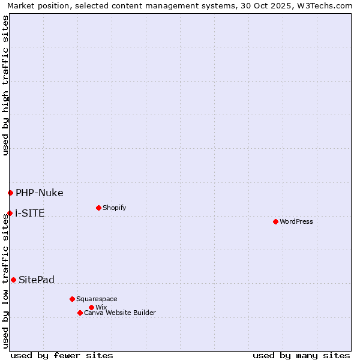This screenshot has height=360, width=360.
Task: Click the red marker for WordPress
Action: click(275, 221)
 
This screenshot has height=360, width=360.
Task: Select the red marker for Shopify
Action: click(98, 208)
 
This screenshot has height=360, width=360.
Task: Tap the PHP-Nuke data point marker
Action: click(10, 193)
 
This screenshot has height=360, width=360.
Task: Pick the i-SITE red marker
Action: click(10, 213)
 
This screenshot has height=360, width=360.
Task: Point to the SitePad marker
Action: click(13, 280)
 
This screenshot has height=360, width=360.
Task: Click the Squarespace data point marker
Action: click(72, 299)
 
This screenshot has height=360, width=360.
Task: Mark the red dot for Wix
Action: click(91, 307)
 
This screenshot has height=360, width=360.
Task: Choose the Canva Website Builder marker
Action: click(80, 313)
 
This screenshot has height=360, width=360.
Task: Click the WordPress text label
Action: click(296, 221)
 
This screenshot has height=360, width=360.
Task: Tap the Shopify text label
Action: click(114, 208)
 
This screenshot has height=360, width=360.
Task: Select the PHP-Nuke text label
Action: click(39, 193)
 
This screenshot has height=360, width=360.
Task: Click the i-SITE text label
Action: click(29, 213)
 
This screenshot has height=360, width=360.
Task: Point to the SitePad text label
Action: click(37, 280)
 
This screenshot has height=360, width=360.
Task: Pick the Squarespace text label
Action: click(97, 299)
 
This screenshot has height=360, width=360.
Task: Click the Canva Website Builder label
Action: click(120, 313)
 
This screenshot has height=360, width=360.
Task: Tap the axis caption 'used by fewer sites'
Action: click(62, 355)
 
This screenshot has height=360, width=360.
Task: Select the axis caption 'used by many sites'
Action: click(301, 355)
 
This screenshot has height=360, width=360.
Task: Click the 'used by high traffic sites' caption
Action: click(5, 85)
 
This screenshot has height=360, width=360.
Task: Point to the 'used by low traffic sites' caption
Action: click(5, 281)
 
